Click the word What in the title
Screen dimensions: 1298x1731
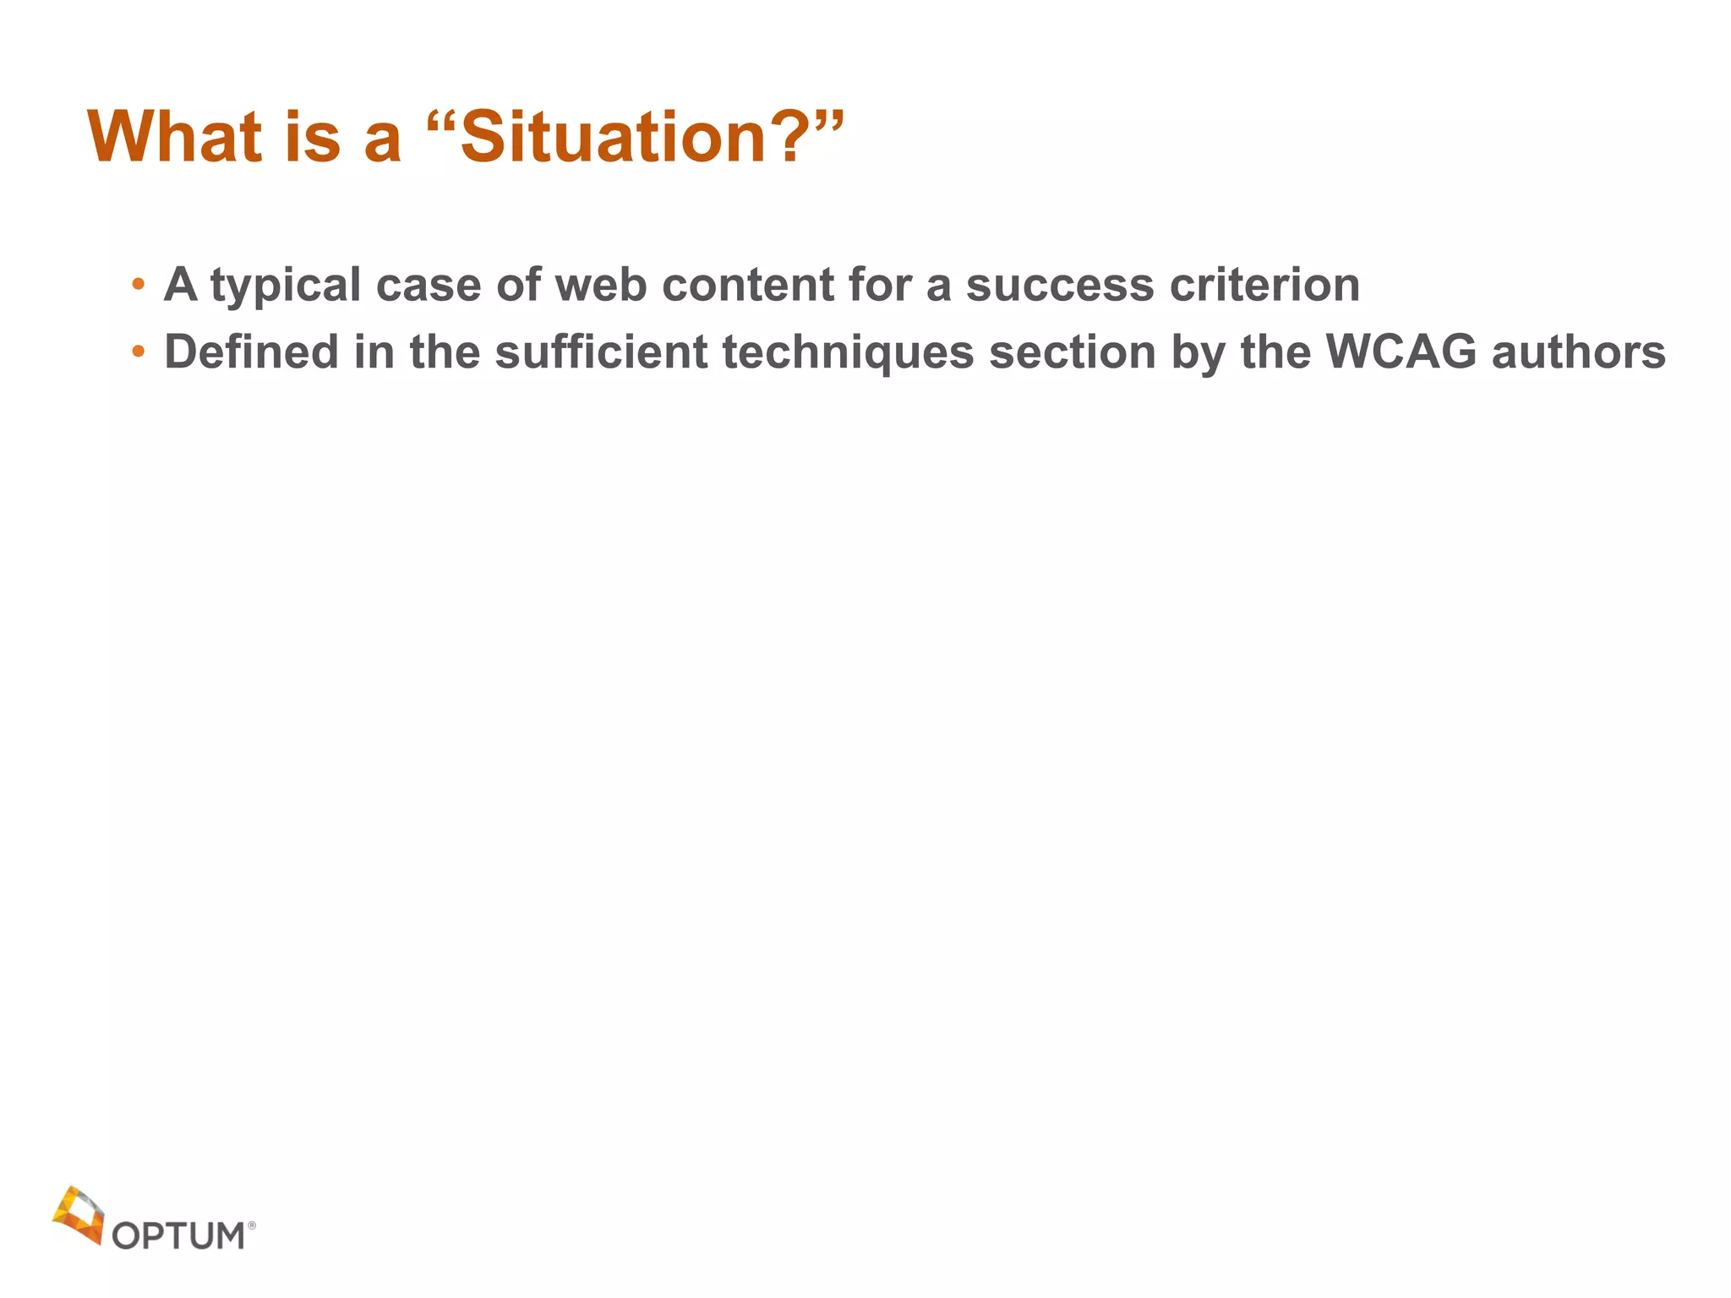tap(174, 137)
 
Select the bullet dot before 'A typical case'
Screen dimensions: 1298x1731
tap(139, 284)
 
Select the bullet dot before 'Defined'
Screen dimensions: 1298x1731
tap(139, 351)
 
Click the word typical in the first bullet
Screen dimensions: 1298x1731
tap(286, 286)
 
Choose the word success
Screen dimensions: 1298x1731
tap(1059, 286)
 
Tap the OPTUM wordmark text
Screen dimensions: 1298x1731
tap(178, 1235)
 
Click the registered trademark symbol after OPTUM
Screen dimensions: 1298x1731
tap(251, 1224)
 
